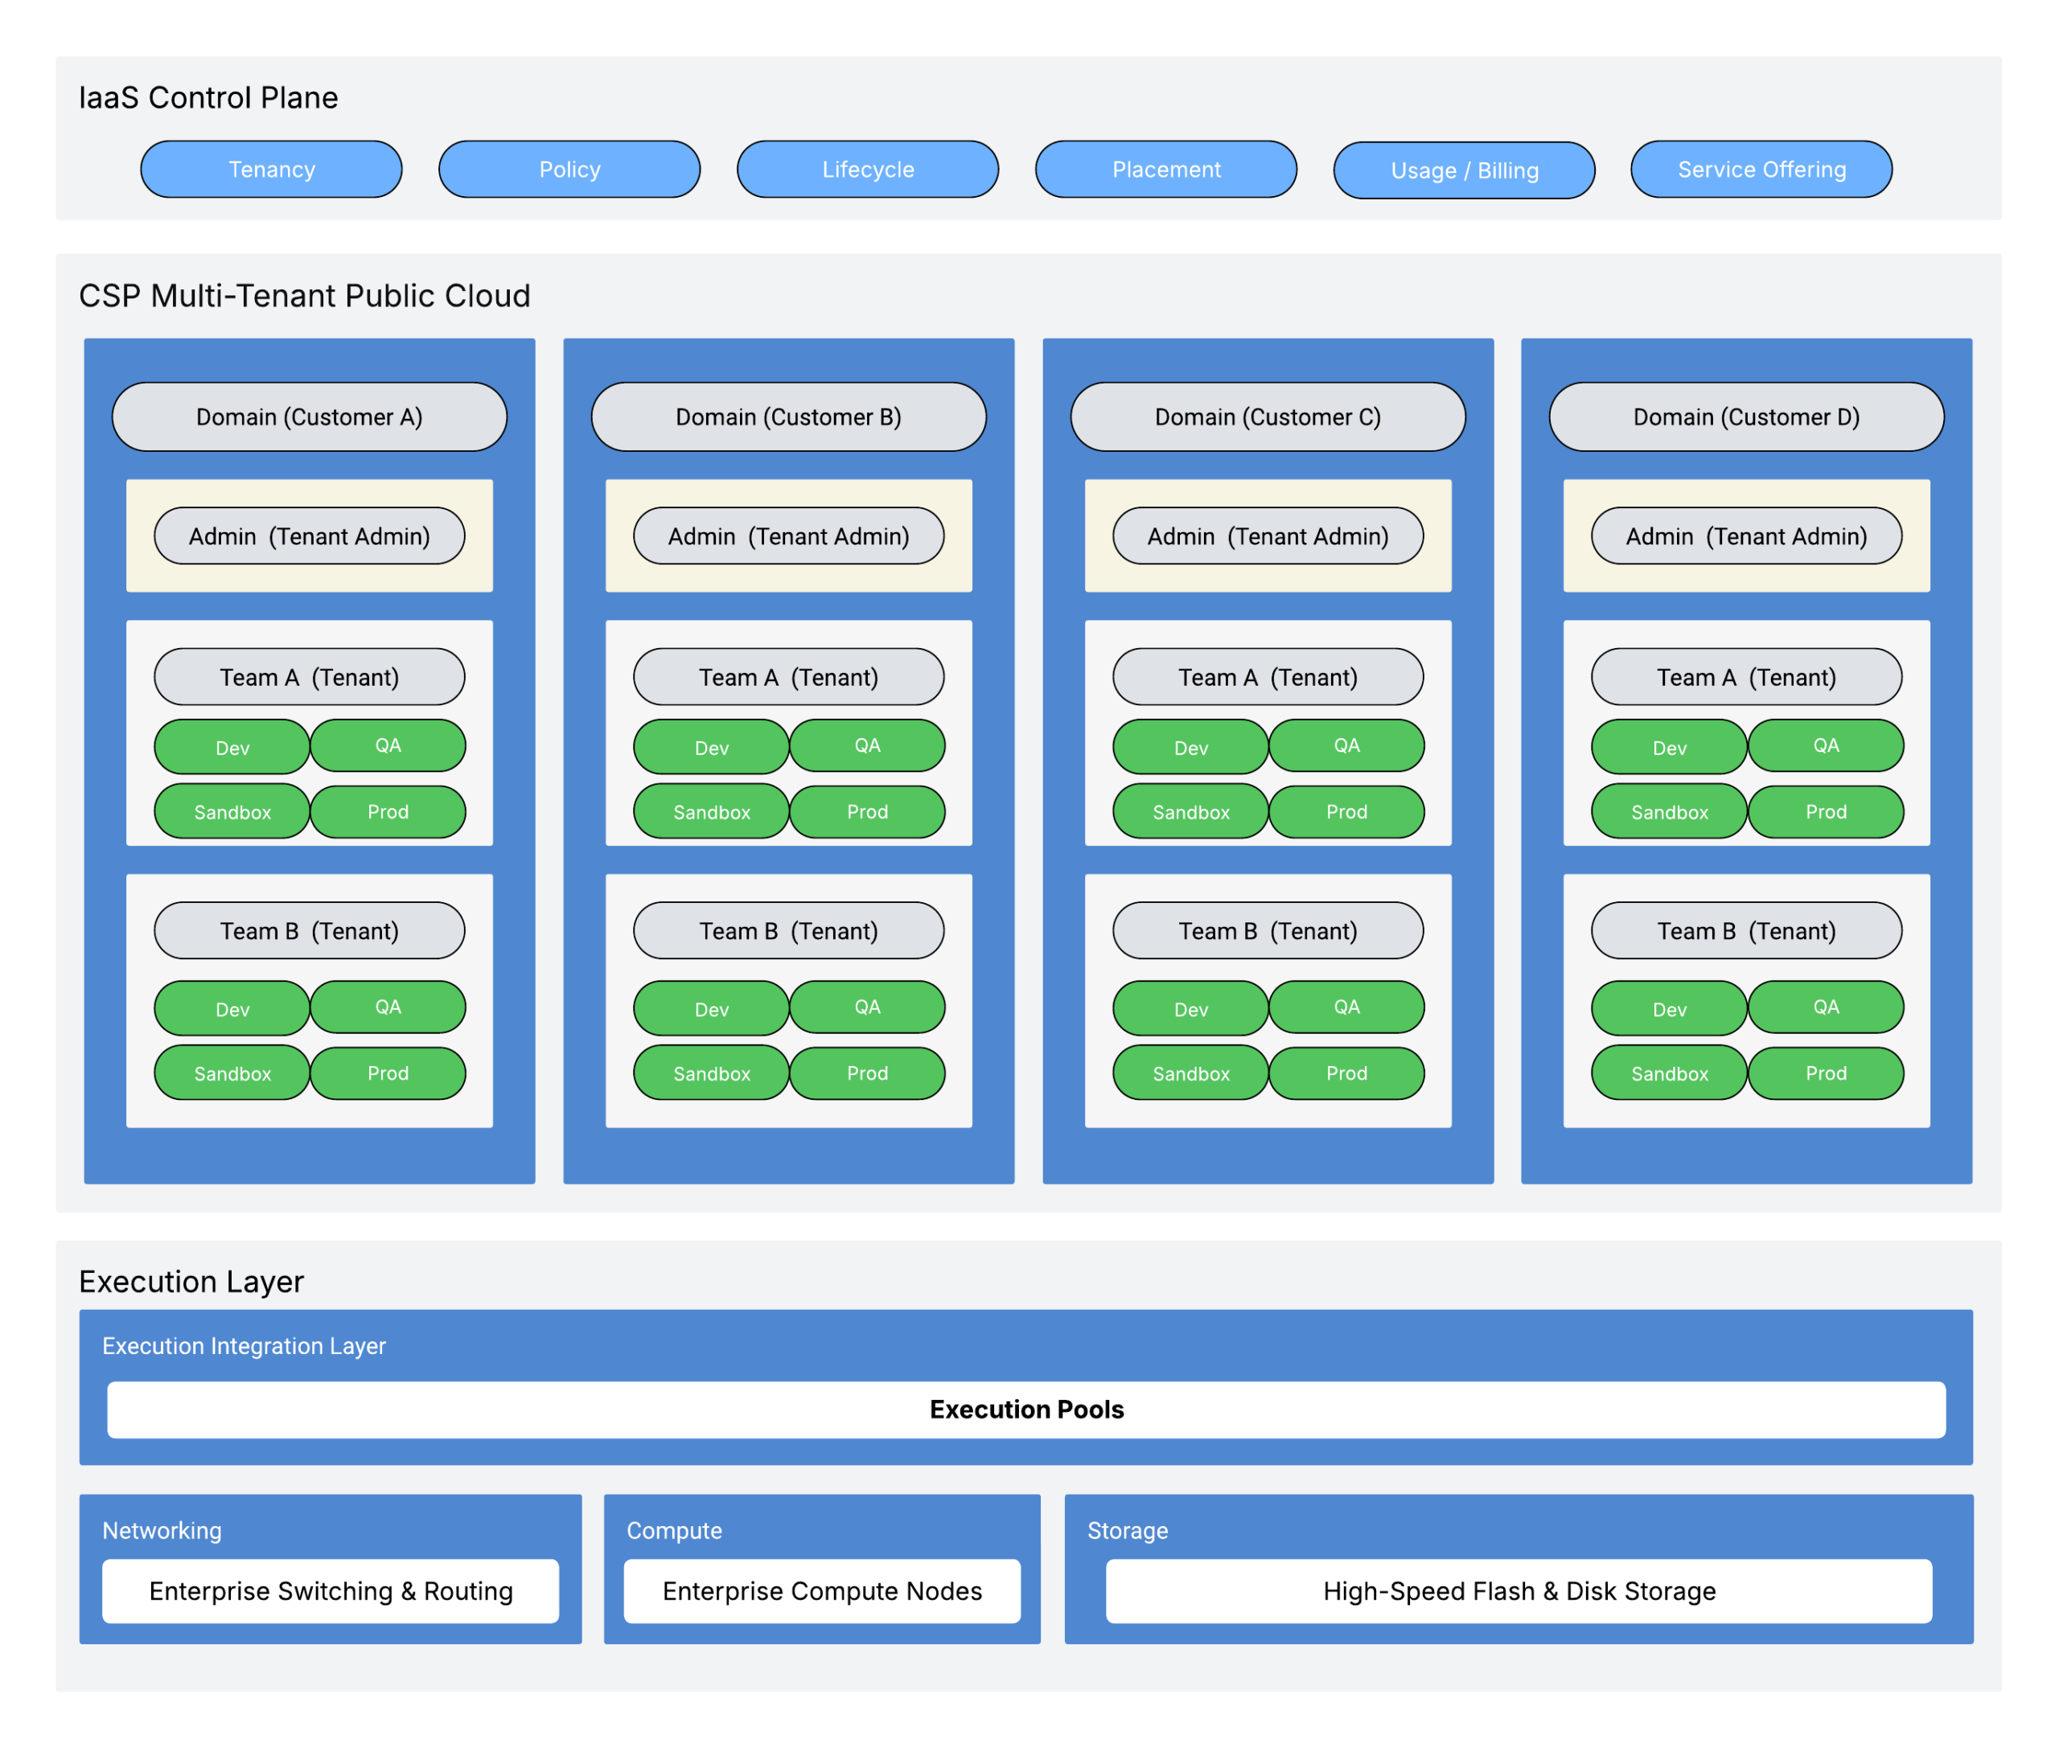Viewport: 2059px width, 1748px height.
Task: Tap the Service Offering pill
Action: point(1761,170)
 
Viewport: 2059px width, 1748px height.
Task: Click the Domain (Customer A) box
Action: point(310,417)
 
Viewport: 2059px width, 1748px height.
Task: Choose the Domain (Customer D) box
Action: point(1746,417)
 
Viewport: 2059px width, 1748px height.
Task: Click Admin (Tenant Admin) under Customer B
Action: point(788,536)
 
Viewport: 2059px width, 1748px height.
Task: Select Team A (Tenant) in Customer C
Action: point(1268,677)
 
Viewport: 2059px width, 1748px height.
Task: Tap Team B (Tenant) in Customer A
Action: point(310,930)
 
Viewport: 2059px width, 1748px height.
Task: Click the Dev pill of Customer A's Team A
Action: point(232,747)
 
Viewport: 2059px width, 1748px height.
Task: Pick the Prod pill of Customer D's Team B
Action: point(1825,1073)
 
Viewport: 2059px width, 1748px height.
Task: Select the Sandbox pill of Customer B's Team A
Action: point(711,811)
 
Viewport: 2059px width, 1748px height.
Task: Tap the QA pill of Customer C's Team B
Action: point(1346,1007)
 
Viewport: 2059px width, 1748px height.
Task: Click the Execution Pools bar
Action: point(1026,1409)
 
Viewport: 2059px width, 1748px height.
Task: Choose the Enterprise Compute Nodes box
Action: point(822,1590)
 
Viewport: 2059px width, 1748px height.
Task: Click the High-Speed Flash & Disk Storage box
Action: point(1519,1590)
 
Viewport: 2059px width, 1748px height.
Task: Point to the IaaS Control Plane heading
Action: point(208,97)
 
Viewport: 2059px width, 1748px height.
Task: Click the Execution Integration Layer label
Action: point(244,1346)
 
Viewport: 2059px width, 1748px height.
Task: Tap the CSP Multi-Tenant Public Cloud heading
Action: point(304,295)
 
